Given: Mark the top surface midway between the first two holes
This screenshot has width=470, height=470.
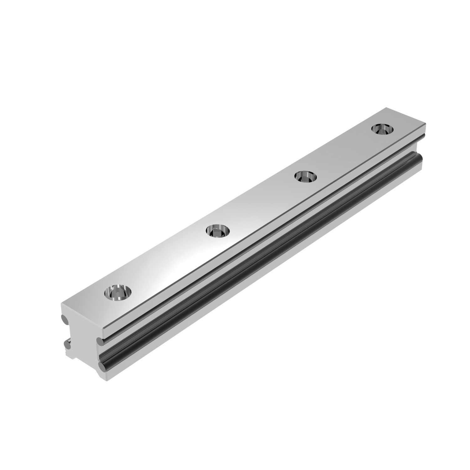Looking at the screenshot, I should click(168, 262).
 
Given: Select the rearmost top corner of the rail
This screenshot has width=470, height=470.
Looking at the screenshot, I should click(386, 108).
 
